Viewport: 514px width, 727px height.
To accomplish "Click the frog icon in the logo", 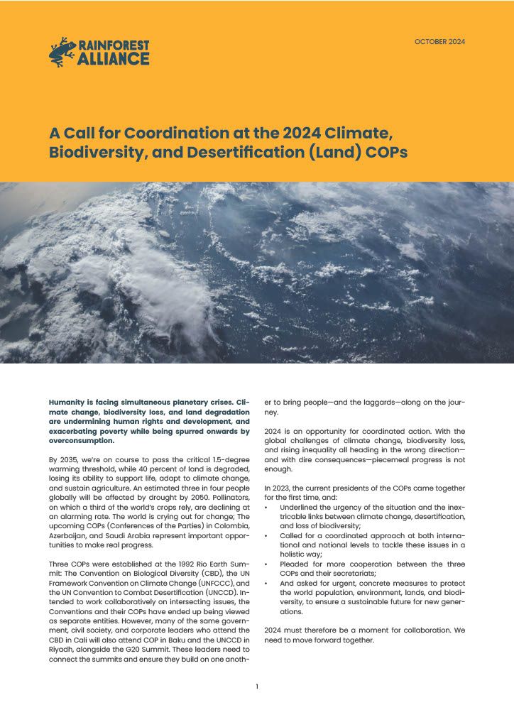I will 62,52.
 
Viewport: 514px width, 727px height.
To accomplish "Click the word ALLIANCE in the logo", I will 114,59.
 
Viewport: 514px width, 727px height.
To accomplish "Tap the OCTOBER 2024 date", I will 439,43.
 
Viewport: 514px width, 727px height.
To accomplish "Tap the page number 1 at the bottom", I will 256,686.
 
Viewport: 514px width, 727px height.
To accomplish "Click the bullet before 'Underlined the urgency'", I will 266,507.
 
